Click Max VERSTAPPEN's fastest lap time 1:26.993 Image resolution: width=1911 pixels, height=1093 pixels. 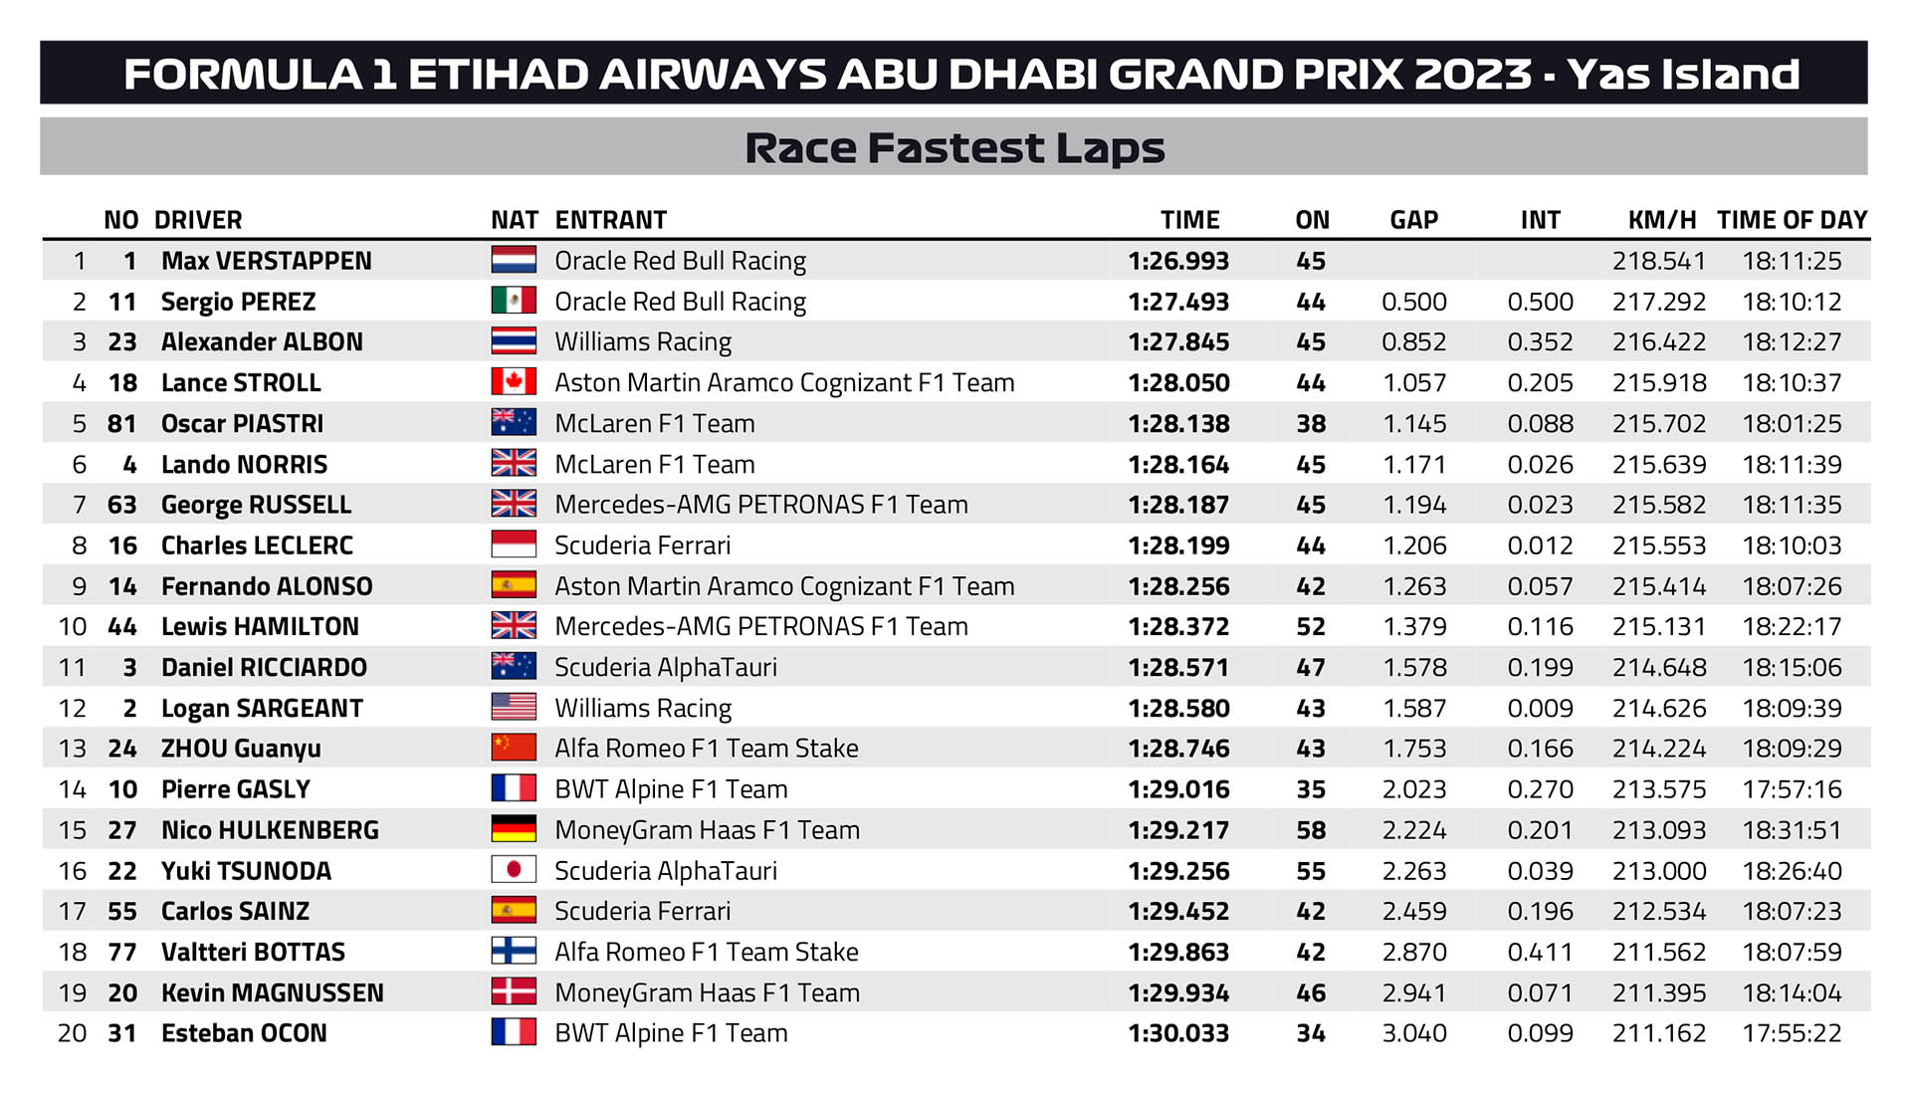(x=1178, y=261)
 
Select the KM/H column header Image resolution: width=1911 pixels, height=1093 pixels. (x=1662, y=220)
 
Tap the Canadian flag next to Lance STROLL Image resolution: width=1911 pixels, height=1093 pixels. (x=514, y=382)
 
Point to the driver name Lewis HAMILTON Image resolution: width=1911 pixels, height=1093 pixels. (x=260, y=626)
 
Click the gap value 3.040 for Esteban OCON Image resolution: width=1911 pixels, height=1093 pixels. (x=1414, y=1033)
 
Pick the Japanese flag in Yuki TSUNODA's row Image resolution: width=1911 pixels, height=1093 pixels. (x=514, y=870)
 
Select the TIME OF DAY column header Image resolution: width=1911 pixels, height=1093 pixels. (x=1792, y=220)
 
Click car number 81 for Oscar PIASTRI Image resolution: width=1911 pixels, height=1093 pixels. (x=122, y=423)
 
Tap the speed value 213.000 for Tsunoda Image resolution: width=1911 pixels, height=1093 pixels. (x=1659, y=871)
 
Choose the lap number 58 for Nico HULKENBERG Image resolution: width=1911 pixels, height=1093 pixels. (x=1311, y=830)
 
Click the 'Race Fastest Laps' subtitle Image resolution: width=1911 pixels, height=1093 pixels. (x=955, y=147)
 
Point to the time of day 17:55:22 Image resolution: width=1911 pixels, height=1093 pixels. (x=1792, y=1033)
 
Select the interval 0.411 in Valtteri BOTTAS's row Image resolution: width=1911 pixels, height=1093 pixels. (x=1540, y=952)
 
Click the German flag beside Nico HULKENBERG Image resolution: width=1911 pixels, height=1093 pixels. (x=514, y=829)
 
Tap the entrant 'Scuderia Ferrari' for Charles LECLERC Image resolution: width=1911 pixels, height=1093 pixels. (x=642, y=546)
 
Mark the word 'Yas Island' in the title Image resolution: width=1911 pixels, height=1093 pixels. (x=1683, y=74)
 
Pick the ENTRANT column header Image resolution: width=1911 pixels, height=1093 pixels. (x=611, y=220)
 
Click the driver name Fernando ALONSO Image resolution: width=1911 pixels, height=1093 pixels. (x=267, y=586)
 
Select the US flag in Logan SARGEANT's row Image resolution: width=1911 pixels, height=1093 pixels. (x=514, y=707)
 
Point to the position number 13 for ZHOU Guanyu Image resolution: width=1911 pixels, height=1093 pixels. (x=73, y=749)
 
